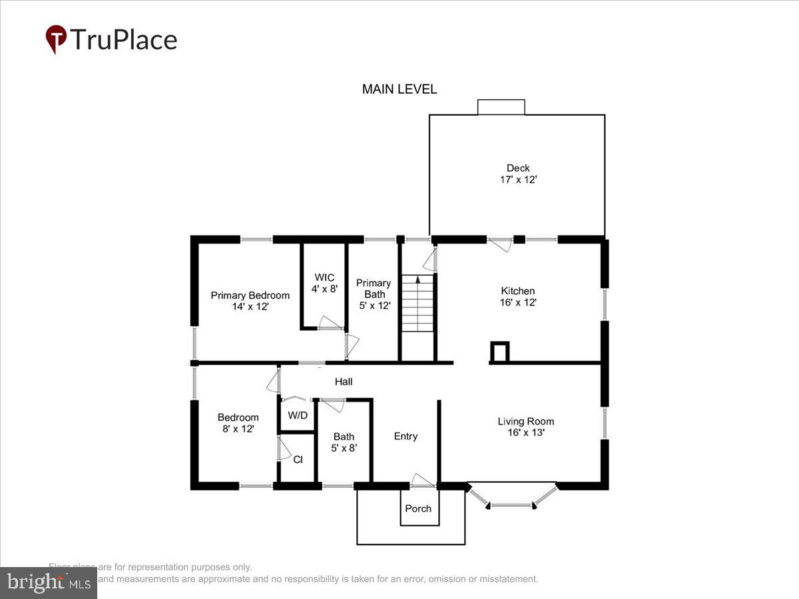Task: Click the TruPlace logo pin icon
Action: tap(56, 39)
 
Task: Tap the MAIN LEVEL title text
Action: tap(400, 89)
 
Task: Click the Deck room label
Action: tap(518, 168)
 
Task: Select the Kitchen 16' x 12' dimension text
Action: tap(518, 302)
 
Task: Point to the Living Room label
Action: tap(525, 421)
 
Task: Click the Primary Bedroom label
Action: tap(250, 296)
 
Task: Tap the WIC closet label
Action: tap(324, 278)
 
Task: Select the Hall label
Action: tap(344, 382)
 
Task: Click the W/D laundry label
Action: tap(298, 416)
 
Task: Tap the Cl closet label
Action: tap(298, 459)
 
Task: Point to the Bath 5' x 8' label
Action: tap(344, 443)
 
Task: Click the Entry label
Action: tap(405, 437)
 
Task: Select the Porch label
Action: tap(419, 508)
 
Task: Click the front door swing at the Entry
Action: tap(422, 481)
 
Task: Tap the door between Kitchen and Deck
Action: tap(500, 244)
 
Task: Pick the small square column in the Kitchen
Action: tap(499, 351)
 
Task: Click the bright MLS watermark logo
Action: tap(48, 582)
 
